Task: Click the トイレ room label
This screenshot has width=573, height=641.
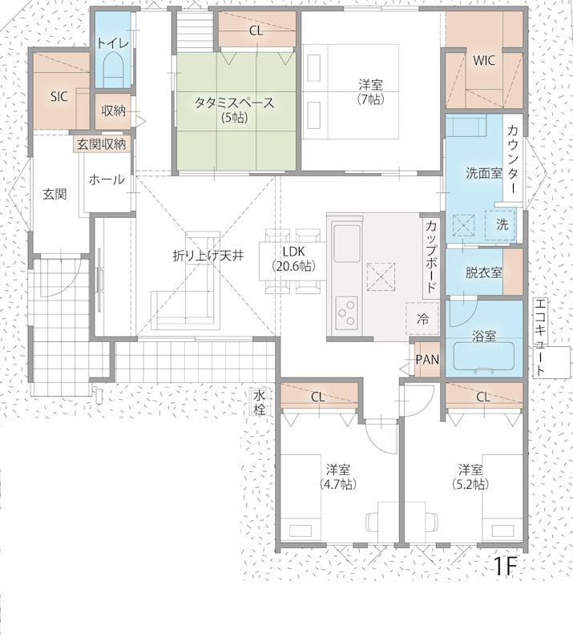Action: tap(113, 43)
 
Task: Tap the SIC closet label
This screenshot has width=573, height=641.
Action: tap(59, 96)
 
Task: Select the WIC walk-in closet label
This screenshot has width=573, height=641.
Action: tap(484, 61)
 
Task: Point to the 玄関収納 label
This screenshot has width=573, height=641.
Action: tap(102, 144)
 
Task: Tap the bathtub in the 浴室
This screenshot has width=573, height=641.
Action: tap(484, 357)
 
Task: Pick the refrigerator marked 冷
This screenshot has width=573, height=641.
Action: tap(422, 318)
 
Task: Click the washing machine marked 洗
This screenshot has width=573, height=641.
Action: tap(500, 225)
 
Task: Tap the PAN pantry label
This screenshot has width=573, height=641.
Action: tap(427, 360)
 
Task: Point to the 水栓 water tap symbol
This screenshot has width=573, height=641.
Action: tap(259, 402)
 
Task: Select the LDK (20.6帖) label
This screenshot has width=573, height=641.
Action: tap(293, 259)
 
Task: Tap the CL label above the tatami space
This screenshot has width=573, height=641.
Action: tap(256, 31)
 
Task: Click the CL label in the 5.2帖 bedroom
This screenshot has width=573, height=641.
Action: tap(483, 397)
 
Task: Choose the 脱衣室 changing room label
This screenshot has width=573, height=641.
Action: tap(484, 272)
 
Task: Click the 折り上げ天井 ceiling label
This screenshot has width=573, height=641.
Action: tap(208, 256)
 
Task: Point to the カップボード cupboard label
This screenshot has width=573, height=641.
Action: tap(431, 256)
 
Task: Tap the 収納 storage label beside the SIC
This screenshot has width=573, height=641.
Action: tap(113, 111)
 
